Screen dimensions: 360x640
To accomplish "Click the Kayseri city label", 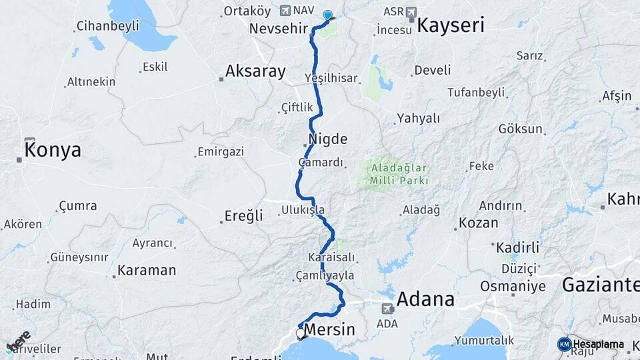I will [x=451, y=26].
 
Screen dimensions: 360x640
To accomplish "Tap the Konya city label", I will [x=53, y=150].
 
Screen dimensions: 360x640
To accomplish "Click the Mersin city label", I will [x=330, y=331].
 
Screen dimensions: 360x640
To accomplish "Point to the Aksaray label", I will [x=255, y=71].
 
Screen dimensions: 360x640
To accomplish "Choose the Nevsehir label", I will [x=278, y=29].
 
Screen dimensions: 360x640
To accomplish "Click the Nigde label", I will [x=328, y=140].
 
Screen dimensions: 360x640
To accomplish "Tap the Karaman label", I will [x=147, y=271].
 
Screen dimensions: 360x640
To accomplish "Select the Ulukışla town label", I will [x=303, y=210].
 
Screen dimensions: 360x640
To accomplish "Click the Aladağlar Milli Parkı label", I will [x=396, y=175].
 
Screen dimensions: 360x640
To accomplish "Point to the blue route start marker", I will [x=327, y=15].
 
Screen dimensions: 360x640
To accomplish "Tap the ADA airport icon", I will [x=387, y=309].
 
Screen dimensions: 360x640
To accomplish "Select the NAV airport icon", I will [x=286, y=11].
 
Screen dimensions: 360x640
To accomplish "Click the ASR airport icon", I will [x=410, y=12].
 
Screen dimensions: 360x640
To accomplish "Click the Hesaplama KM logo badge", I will [x=565, y=344].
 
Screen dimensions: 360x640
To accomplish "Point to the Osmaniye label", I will [x=513, y=287].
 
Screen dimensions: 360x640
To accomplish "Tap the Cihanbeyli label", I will [x=107, y=26].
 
